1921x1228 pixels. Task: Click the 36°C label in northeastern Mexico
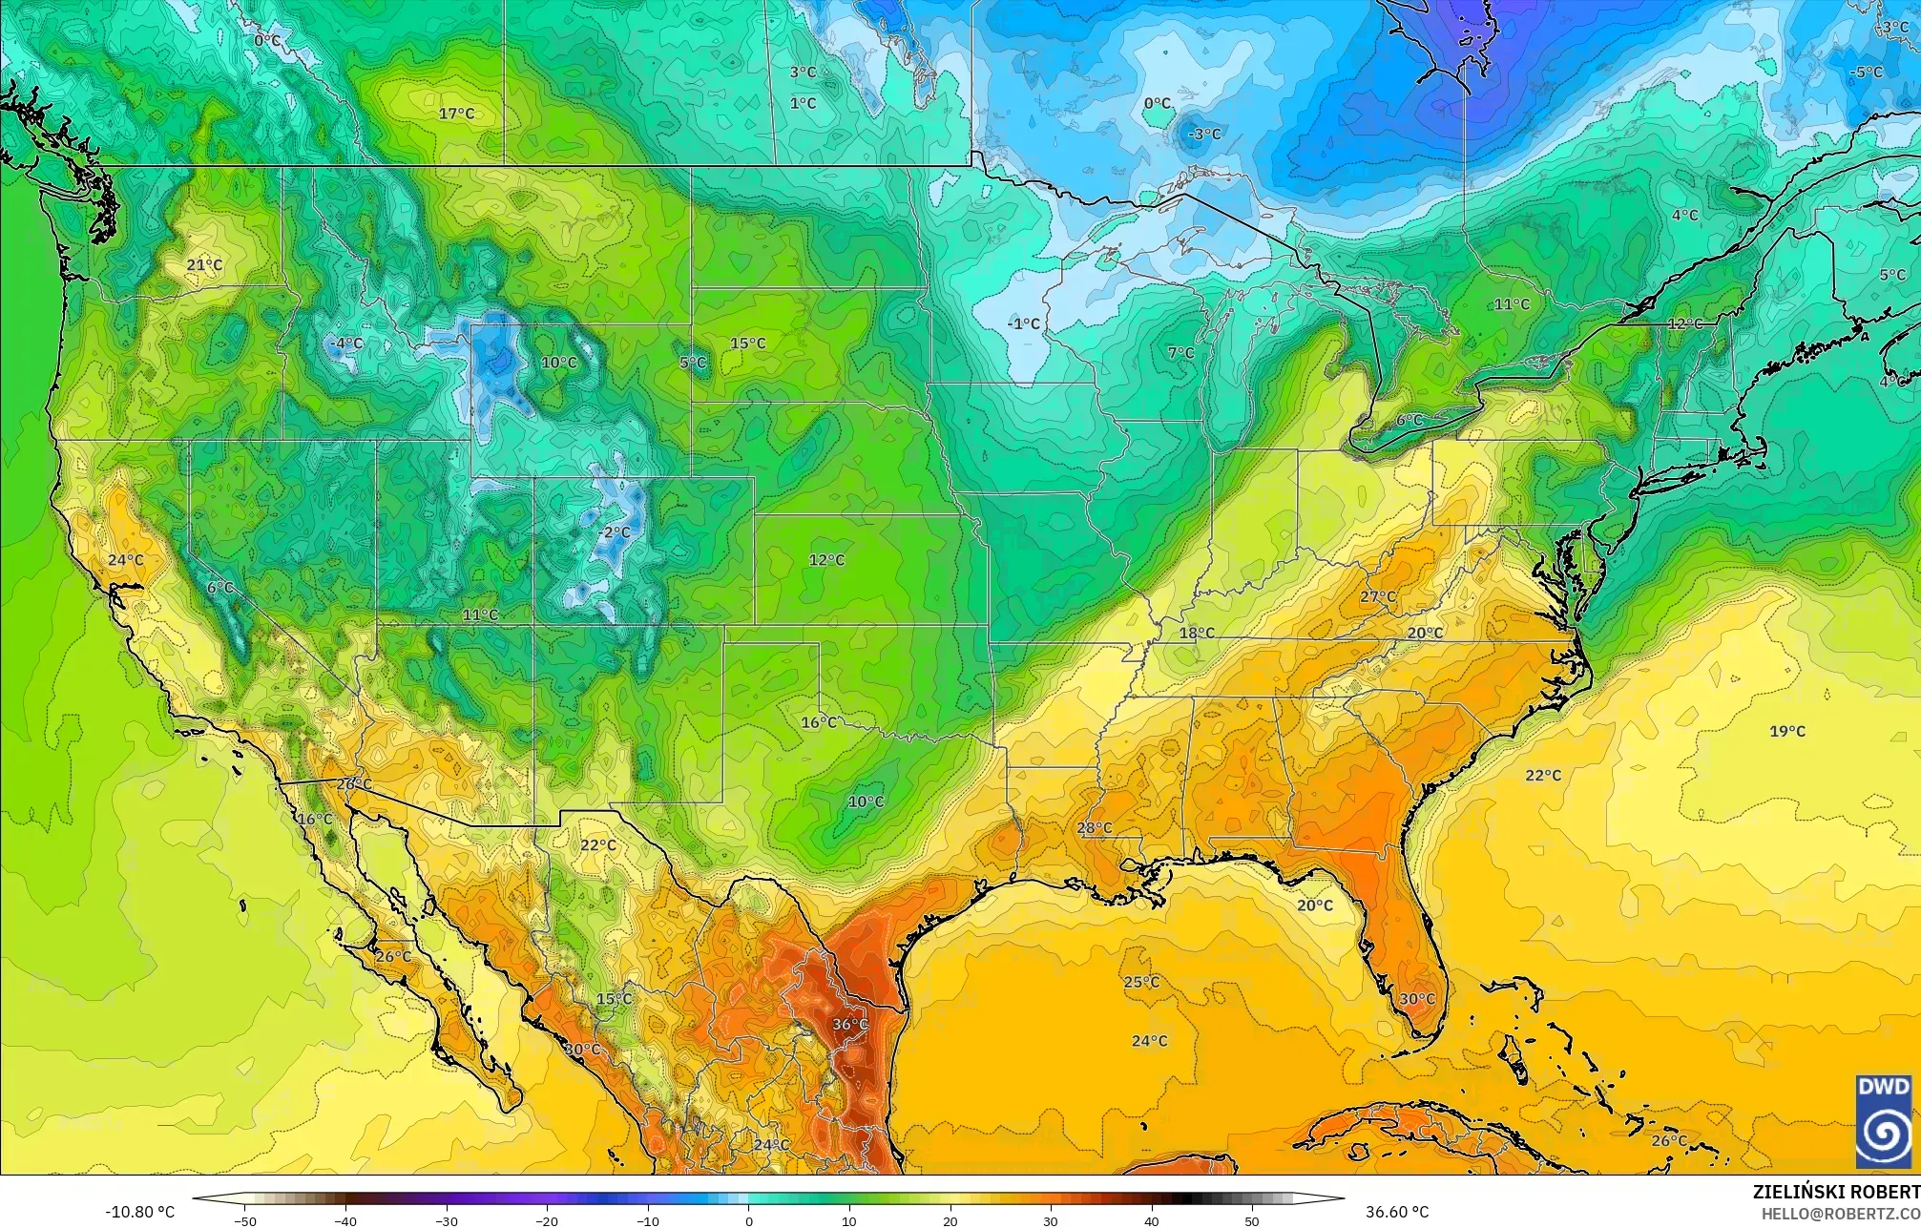(849, 1024)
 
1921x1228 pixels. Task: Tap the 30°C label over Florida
(1417, 999)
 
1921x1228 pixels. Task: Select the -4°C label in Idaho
(345, 343)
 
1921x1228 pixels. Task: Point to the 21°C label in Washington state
(204, 264)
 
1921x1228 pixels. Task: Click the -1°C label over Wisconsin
(1023, 323)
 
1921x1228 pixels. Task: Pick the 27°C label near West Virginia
(1377, 596)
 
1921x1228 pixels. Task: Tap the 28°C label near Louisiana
(1095, 827)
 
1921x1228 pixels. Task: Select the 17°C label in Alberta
(456, 114)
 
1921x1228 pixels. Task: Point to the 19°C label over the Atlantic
(1787, 731)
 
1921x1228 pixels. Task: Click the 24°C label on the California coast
(125, 560)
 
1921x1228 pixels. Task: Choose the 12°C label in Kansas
(826, 559)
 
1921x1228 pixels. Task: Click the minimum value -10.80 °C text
(139, 1212)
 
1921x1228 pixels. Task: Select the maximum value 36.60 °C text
(1397, 1212)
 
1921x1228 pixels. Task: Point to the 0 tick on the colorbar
(748, 1221)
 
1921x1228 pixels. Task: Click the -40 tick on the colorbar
(345, 1221)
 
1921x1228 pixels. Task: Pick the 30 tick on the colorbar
(1051, 1221)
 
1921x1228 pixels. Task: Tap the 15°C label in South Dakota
(747, 343)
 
